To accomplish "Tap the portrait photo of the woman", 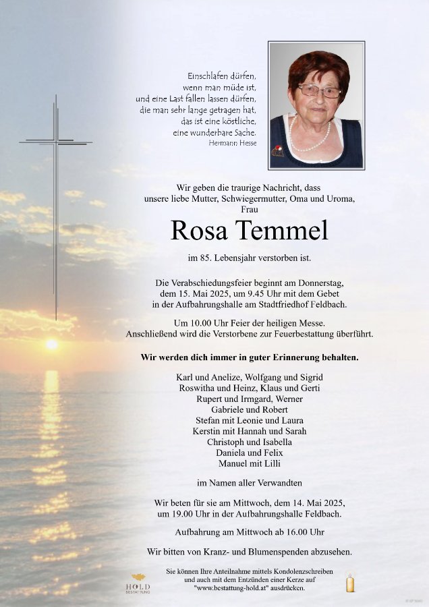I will pos(316,105).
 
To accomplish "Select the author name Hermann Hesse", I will pos(233,143).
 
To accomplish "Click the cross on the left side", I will pos(56,196).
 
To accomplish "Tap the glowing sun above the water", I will pos(52,344).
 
